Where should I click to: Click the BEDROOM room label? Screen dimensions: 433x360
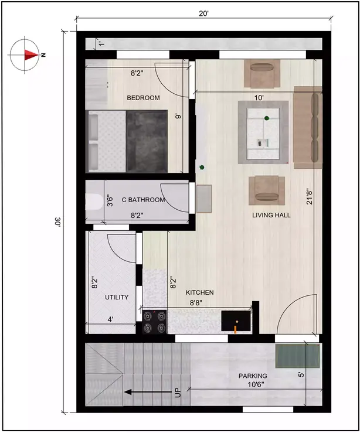click(x=143, y=98)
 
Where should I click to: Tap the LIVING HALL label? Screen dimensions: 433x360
click(x=271, y=215)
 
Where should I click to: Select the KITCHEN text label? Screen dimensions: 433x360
click(x=199, y=292)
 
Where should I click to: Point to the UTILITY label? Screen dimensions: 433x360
click(x=117, y=297)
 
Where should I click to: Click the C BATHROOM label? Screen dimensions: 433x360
click(x=143, y=200)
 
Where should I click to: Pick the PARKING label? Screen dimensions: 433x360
click(x=252, y=376)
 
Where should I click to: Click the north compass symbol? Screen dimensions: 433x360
click(x=25, y=54)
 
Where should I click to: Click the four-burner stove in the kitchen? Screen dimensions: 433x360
click(x=154, y=322)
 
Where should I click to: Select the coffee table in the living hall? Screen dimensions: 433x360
click(x=263, y=132)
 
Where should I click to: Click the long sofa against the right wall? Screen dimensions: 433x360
click(x=308, y=127)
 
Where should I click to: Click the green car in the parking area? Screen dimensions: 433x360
click(x=298, y=356)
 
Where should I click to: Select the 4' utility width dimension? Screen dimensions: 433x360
click(x=110, y=319)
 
